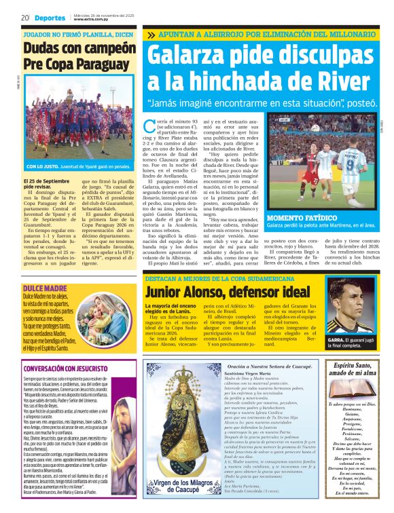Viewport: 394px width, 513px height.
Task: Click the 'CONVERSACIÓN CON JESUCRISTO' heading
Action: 67,368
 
